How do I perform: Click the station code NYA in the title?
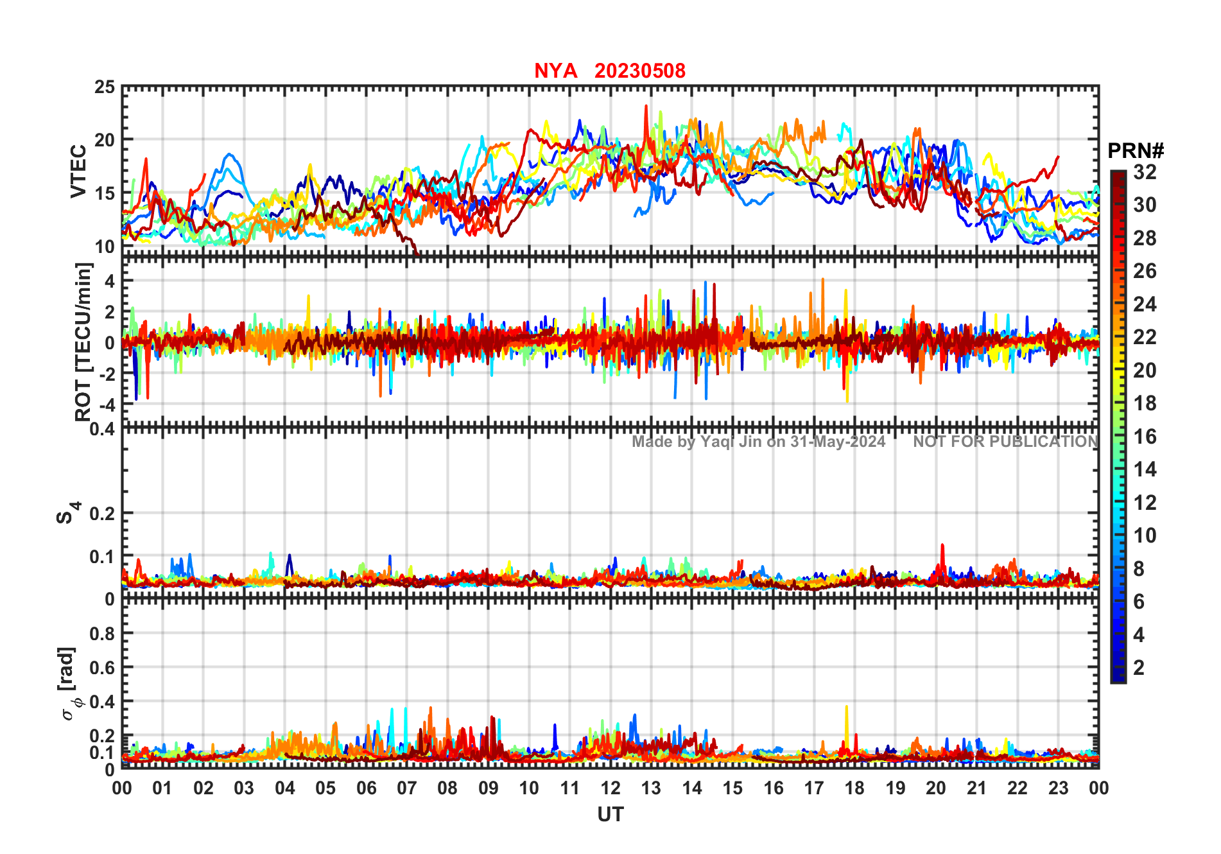pos(555,71)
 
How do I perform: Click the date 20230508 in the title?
pos(639,71)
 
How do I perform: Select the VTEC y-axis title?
pos(78,171)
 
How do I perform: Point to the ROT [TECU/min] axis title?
pos(83,342)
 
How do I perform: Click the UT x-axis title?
pos(610,814)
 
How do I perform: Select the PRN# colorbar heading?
pos(1135,151)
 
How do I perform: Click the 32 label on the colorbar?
pos(1145,172)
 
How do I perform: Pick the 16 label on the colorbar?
pos(1145,437)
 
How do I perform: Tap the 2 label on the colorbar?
pos(1139,668)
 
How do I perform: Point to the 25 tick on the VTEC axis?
pos(105,87)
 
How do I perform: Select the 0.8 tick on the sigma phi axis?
pos(102,633)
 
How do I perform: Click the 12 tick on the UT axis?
pos(610,788)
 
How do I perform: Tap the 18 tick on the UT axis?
pos(854,788)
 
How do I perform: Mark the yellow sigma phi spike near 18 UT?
pos(846,710)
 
